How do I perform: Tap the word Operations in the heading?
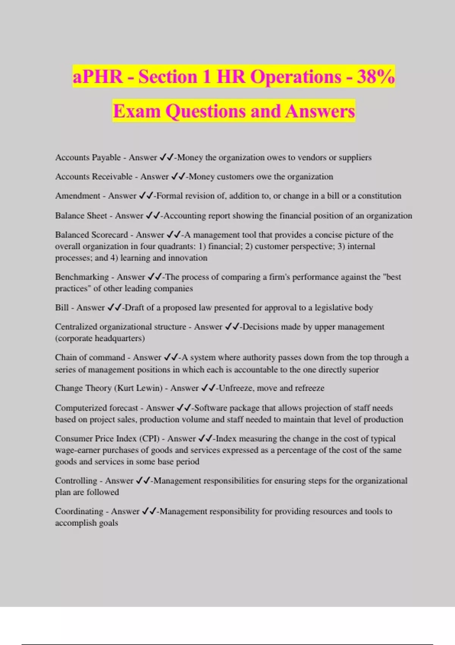tap(296, 77)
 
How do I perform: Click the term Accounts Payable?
tap(88, 157)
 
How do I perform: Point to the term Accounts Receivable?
tap(94, 176)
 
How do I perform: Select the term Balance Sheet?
tap(81, 216)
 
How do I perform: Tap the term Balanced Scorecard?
tap(91, 235)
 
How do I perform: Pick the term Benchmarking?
tap(82, 277)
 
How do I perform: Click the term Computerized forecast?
tap(96, 408)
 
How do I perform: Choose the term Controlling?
tap(76, 481)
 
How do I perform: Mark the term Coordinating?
tap(79, 511)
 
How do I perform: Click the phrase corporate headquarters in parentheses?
tap(100, 338)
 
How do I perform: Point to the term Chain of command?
tap(90, 357)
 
